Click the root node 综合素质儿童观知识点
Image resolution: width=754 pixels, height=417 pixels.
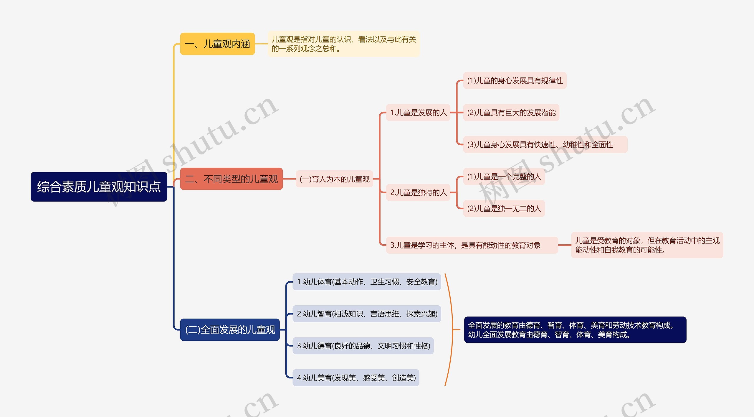coord(99,187)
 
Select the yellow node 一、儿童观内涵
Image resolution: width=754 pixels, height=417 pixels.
coord(217,44)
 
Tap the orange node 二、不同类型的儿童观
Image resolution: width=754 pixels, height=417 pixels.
coord(231,179)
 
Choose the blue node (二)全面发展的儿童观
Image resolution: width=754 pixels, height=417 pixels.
coord(230,330)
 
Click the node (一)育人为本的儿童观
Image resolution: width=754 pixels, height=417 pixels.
coord(334,179)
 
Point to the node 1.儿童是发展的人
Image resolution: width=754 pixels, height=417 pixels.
coord(418,113)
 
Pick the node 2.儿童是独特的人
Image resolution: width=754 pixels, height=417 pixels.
coord(418,192)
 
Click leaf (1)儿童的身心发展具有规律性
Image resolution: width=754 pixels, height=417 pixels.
coord(515,80)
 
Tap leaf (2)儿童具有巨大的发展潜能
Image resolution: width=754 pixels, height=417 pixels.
coord(511,113)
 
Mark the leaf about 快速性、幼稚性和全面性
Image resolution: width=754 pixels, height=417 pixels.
coord(545,144)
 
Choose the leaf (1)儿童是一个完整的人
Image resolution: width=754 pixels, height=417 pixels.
coord(504,177)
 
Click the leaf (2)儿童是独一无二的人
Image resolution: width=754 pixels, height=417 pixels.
coord(504,209)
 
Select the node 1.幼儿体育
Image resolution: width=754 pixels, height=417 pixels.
coord(367,282)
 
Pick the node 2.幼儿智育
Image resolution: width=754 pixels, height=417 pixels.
coord(367,314)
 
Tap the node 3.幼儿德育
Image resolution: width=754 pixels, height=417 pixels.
coord(363,346)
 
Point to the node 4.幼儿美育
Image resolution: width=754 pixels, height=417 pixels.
coord(356,378)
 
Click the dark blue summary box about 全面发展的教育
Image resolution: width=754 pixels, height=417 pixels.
coord(575,330)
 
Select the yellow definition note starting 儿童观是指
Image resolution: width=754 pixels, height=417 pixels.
coord(343,44)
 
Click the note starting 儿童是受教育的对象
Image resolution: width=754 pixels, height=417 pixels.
coord(647,245)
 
